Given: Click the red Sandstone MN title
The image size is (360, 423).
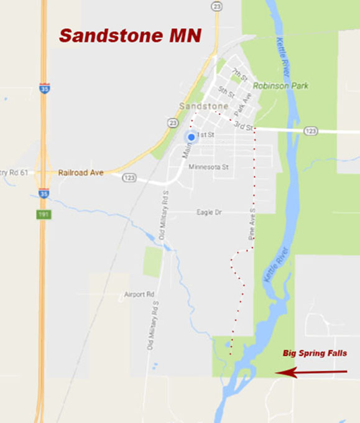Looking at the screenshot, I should (x=130, y=35).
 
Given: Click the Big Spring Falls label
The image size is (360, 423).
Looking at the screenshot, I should (x=315, y=353).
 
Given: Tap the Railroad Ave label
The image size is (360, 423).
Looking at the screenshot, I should (x=81, y=172).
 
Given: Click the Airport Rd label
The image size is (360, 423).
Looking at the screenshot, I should (x=139, y=294).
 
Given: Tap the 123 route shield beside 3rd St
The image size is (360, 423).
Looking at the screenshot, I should (x=312, y=131).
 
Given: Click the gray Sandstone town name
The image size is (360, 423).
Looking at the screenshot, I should (x=203, y=106).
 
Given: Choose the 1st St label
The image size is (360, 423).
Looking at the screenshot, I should (x=205, y=134).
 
